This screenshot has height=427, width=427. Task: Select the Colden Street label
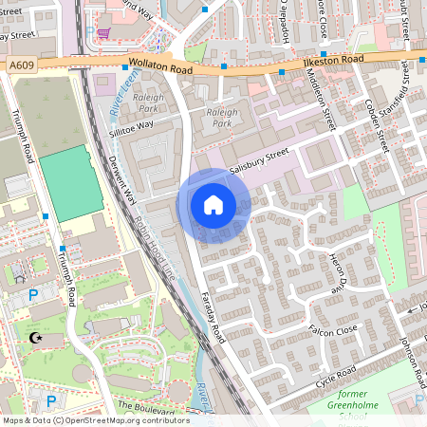tap(377, 126)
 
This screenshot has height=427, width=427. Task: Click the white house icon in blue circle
tap(213, 205)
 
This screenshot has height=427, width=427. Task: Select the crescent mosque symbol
tap(37, 338)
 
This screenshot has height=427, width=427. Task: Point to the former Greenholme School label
tap(340, 401)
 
